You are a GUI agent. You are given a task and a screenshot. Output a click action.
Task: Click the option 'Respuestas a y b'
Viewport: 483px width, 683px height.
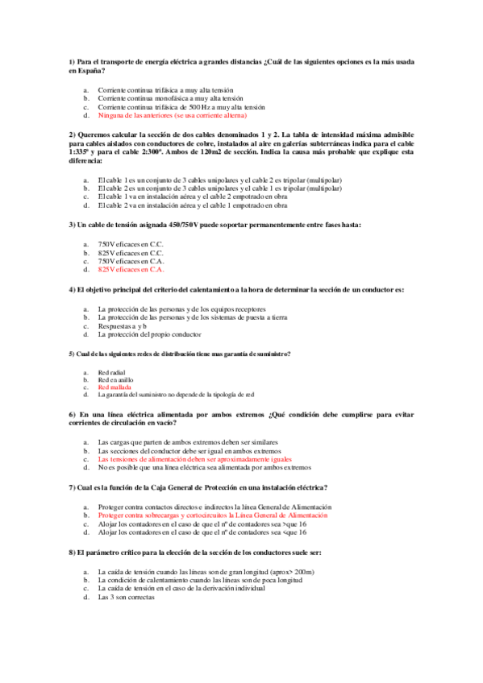click(x=123, y=326)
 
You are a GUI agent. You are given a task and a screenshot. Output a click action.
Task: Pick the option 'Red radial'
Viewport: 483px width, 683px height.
click(x=111, y=372)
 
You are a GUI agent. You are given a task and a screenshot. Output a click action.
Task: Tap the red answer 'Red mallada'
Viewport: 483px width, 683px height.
click(x=114, y=387)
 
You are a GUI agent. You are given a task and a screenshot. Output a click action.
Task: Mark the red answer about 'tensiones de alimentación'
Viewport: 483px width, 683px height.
click(x=187, y=459)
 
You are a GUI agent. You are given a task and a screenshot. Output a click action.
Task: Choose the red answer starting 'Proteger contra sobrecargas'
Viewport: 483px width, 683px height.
click(x=214, y=514)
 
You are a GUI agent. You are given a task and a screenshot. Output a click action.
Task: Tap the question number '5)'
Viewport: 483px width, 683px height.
click(x=73, y=354)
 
